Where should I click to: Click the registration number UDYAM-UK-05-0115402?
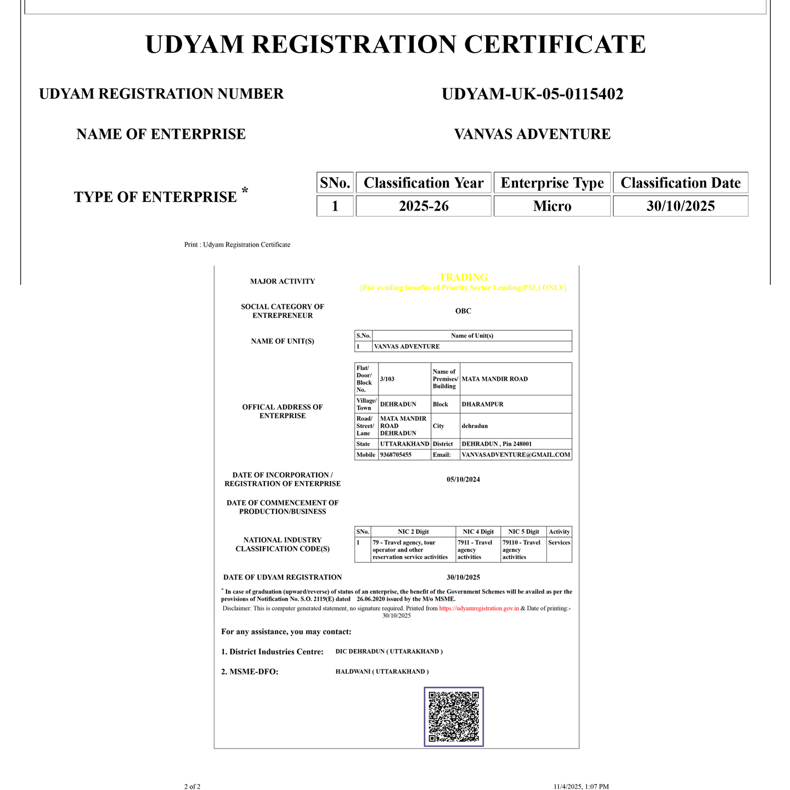tap(532, 94)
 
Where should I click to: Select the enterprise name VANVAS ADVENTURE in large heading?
tap(532, 134)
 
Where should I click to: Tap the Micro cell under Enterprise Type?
tap(552, 206)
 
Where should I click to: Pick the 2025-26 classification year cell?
tap(424, 206)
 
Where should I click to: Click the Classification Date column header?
tap(680, 183)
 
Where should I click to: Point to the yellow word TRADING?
tap(463, 278)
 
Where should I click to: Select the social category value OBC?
tap(463, 311)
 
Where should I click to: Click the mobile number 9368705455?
tap(396, 455)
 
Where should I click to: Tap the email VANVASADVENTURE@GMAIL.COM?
tap(516, 455)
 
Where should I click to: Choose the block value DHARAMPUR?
tap(482, 404)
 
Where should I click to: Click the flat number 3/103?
tap(387, 379)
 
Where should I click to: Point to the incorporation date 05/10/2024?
tap(463, 479)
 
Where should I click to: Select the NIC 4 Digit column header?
tap(478, 532)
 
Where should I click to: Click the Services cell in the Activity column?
tap(559, 543)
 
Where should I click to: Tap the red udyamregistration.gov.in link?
tap(478, 608)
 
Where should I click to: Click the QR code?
tap(454, 716)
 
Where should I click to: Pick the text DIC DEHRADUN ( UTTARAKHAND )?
tap(389, 652)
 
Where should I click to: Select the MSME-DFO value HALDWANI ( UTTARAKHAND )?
tap(382, 672)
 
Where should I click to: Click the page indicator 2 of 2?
tap(192, 787)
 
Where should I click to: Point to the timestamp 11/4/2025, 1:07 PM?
tap(580, 787)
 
